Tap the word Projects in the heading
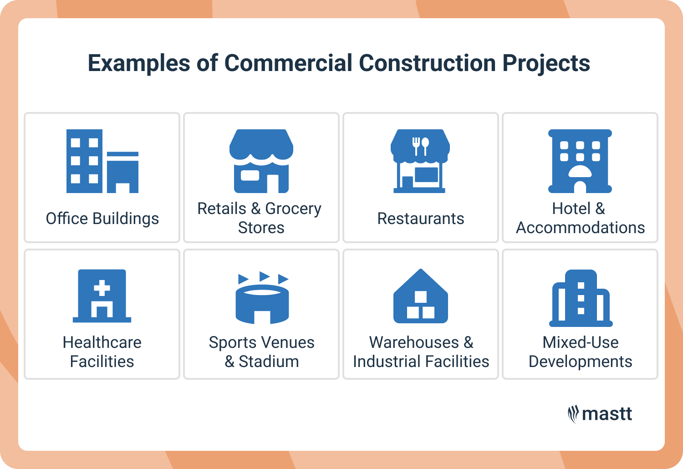point(546,64)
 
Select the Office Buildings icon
point(102,161)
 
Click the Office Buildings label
point(102,219)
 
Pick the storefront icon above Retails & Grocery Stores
point(261,161)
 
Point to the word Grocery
point(293,209)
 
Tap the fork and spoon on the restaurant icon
point(420,145)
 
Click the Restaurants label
point(421,219)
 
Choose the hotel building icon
point(580,161)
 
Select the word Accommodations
point(580,228)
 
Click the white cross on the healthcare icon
point(102,288)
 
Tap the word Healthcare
point(102,342)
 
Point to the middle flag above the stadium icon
point(264,276)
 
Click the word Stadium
point(269,362)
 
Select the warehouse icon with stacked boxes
point(421,296)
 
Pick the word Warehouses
point(414,342)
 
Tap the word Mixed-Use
point(581,342)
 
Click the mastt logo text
point(607,414)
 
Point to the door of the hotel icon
point(580,187)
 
